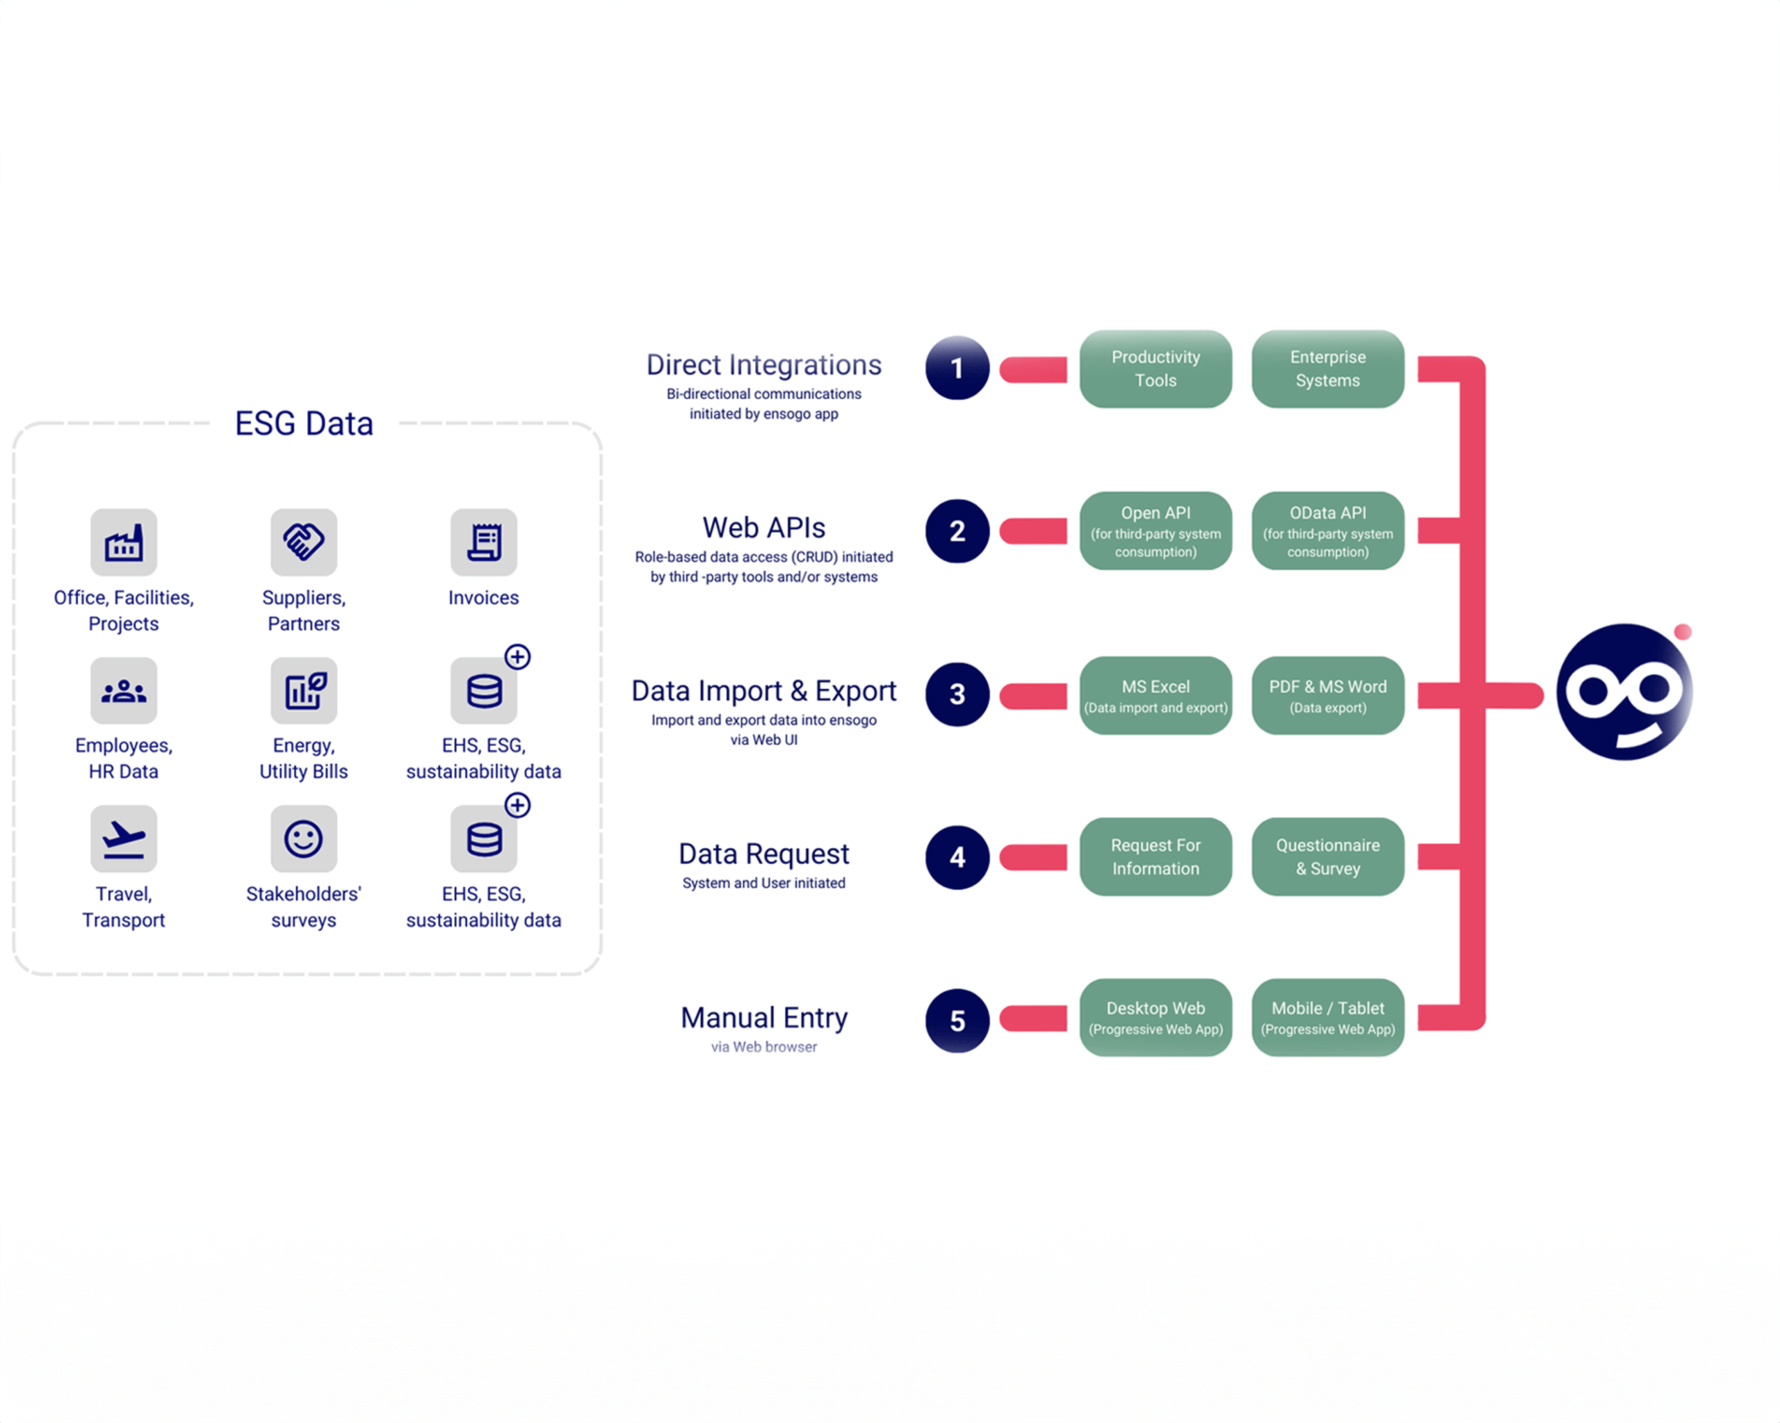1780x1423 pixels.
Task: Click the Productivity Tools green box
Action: point(1155,369)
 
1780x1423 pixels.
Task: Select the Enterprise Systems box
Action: point(1327,369)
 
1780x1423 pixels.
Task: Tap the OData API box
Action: point(1327,530)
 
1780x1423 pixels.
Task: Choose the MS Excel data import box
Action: point(1155,695)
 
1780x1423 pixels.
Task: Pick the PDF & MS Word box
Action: point(1327,695)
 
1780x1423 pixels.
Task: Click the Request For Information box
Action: point(1155,856)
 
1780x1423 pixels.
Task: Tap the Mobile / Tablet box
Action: point(1327,1017)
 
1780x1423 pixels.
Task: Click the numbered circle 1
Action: point(957,368)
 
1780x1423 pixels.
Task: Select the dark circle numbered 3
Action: point(957,694)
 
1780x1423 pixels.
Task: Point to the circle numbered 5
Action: point(957,1021)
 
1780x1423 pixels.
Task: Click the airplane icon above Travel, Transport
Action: point(124,838)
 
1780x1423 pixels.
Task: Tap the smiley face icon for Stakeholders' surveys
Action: point(303,838)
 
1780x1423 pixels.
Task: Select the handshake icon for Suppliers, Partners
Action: point(303,542)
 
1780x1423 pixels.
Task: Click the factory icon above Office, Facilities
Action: point(124,542)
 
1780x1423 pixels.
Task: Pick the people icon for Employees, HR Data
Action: point(124,690)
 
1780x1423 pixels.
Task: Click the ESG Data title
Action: point(304,423)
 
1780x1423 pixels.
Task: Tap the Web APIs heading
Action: point(763,528)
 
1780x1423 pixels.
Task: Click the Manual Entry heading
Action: point(763,1018)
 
